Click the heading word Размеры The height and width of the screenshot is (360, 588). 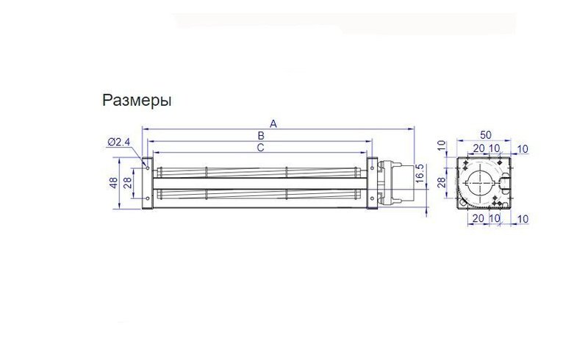(137, 101)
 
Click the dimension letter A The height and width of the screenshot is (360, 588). (273, 124)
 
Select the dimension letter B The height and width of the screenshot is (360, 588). (260, 136)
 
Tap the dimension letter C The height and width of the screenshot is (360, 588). (260, 148)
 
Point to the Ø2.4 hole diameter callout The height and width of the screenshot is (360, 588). (118, 142)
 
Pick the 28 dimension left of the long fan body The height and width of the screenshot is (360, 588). (127, 183)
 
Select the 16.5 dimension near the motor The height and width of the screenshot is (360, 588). (420, 176)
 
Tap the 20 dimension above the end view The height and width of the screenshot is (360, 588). (478, 148)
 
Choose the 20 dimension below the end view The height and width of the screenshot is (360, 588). (478, 219)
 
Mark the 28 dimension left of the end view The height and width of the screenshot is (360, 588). (442, 182)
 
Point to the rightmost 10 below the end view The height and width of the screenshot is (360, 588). (523, 219)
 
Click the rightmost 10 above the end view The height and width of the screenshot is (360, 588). (523, 148)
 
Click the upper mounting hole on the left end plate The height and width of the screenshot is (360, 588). (148, 168)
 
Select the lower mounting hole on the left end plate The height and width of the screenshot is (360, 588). (148, 197)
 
